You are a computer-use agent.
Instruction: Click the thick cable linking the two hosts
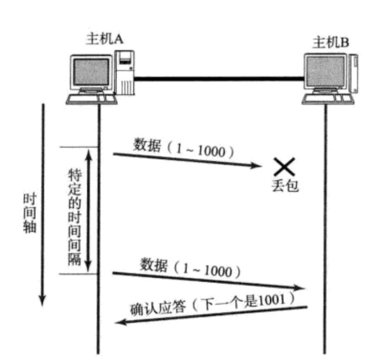point(217,79)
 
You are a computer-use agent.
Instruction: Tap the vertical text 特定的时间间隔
point(74,219)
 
